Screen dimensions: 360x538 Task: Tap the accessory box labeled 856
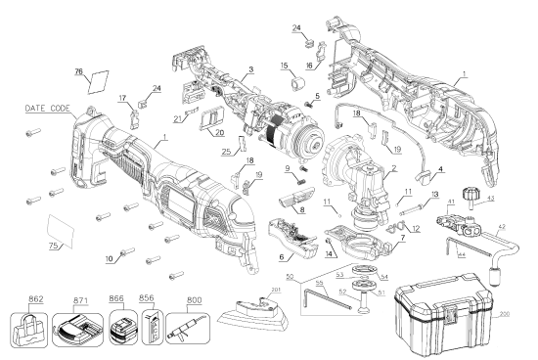[152, 327]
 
